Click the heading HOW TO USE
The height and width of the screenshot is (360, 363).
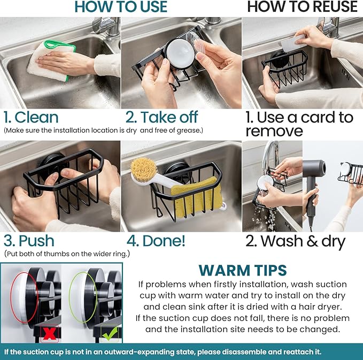pos(121,6)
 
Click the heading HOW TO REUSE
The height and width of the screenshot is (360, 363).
pos(303,6)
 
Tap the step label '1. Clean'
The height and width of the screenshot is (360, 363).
pos(31,117)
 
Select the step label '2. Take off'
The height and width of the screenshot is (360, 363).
pos(161,117)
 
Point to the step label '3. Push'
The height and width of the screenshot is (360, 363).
pos(29,241)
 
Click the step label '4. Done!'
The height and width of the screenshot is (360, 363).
pos(156,241)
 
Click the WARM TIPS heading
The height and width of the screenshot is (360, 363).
pos(243,270)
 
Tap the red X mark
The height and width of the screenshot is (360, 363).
pos(50,334)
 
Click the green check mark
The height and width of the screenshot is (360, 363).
pos(110,333)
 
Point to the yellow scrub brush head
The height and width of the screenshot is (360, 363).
pos(143,168)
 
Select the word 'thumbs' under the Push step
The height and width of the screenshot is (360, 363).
pos(56,254)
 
